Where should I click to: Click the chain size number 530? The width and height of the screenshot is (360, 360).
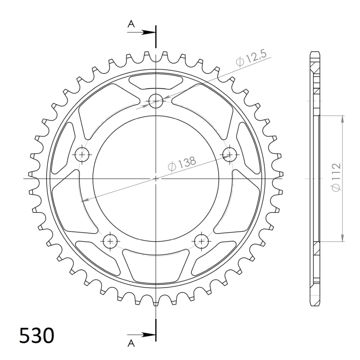36,336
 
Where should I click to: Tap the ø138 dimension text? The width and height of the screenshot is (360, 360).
182,164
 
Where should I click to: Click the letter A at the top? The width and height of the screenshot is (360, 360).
131,23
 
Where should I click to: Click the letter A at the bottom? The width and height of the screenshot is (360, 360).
131,343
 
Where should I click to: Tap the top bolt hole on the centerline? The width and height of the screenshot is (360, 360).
156,101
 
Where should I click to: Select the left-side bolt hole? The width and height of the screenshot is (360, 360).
82,154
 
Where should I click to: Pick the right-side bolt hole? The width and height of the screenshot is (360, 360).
229,154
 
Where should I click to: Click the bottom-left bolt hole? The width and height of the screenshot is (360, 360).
110,241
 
